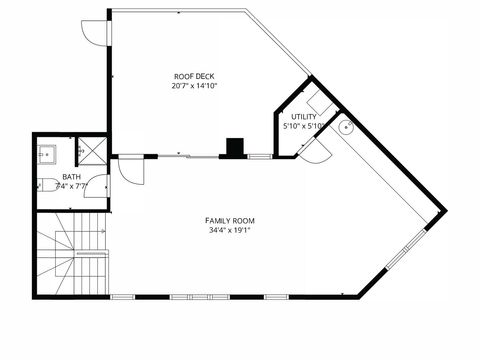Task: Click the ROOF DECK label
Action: pos(194,76)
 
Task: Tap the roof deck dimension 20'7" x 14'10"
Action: pos(194,86)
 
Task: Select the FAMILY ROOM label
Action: pos(230,220)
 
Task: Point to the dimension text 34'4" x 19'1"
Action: pos(230,230)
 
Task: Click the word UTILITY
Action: pos(304,117)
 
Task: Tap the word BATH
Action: pos(71,176)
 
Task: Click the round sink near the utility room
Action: pos(345,127)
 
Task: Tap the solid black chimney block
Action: pos(235,148)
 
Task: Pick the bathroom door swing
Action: pos(97,186)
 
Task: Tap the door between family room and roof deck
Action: pos(130,168)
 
